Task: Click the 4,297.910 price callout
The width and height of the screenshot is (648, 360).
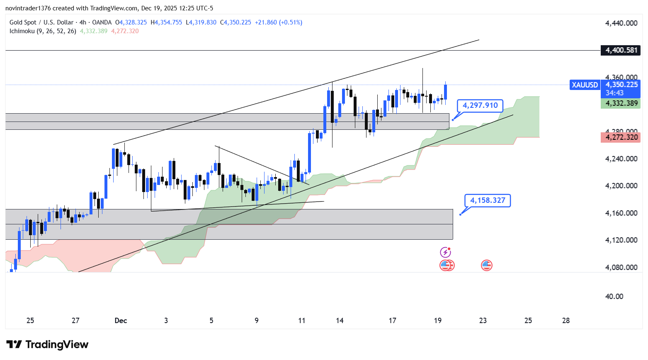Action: coord(480,106)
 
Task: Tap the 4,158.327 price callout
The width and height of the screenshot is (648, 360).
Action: coord(487,201)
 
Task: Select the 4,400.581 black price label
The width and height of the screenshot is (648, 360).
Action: coord(621,50)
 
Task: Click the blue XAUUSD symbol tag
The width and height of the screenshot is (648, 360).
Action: coord(585,85)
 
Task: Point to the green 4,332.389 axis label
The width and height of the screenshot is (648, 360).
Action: coord(621,103)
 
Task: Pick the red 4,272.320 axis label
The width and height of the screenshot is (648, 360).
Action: coord(621,137)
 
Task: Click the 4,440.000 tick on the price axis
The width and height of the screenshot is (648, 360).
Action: coord(621,23)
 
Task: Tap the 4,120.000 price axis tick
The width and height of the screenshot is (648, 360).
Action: coord(621,240)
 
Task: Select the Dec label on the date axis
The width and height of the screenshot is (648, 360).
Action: coord(121,321)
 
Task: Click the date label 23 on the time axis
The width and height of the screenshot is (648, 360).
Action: coord(483,321)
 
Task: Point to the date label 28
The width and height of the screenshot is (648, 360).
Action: coord(565,321)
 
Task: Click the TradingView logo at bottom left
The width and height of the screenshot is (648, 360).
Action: coord(48,345)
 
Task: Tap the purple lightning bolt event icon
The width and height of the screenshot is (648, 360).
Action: coord(445,252)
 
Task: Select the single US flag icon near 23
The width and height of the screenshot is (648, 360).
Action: coord(486,265)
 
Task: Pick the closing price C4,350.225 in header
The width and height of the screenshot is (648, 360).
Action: coord(235,22)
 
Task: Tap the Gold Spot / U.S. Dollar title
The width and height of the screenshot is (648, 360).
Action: coord(41,22)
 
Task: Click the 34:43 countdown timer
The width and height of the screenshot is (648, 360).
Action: coord(614,93)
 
